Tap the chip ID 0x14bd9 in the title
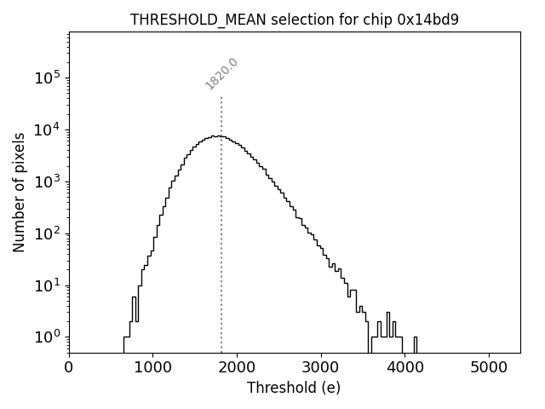pos(427,20)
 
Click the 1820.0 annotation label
pos(221,74)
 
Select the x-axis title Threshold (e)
pos(294,388)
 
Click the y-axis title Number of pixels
pos(19,192)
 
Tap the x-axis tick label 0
pos(69,368)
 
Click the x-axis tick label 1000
pos(152,368)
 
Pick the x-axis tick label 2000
pos(237,368)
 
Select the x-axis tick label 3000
pos(320,368)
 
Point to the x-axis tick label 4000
pos(404,368)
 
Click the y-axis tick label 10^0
pos(48,337)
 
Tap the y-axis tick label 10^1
pos(48,285)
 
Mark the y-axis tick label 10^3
pos(48,181)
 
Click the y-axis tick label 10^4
pos(48,130)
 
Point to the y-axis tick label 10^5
pos(48,78)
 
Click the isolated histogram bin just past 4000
pos(415,344)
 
